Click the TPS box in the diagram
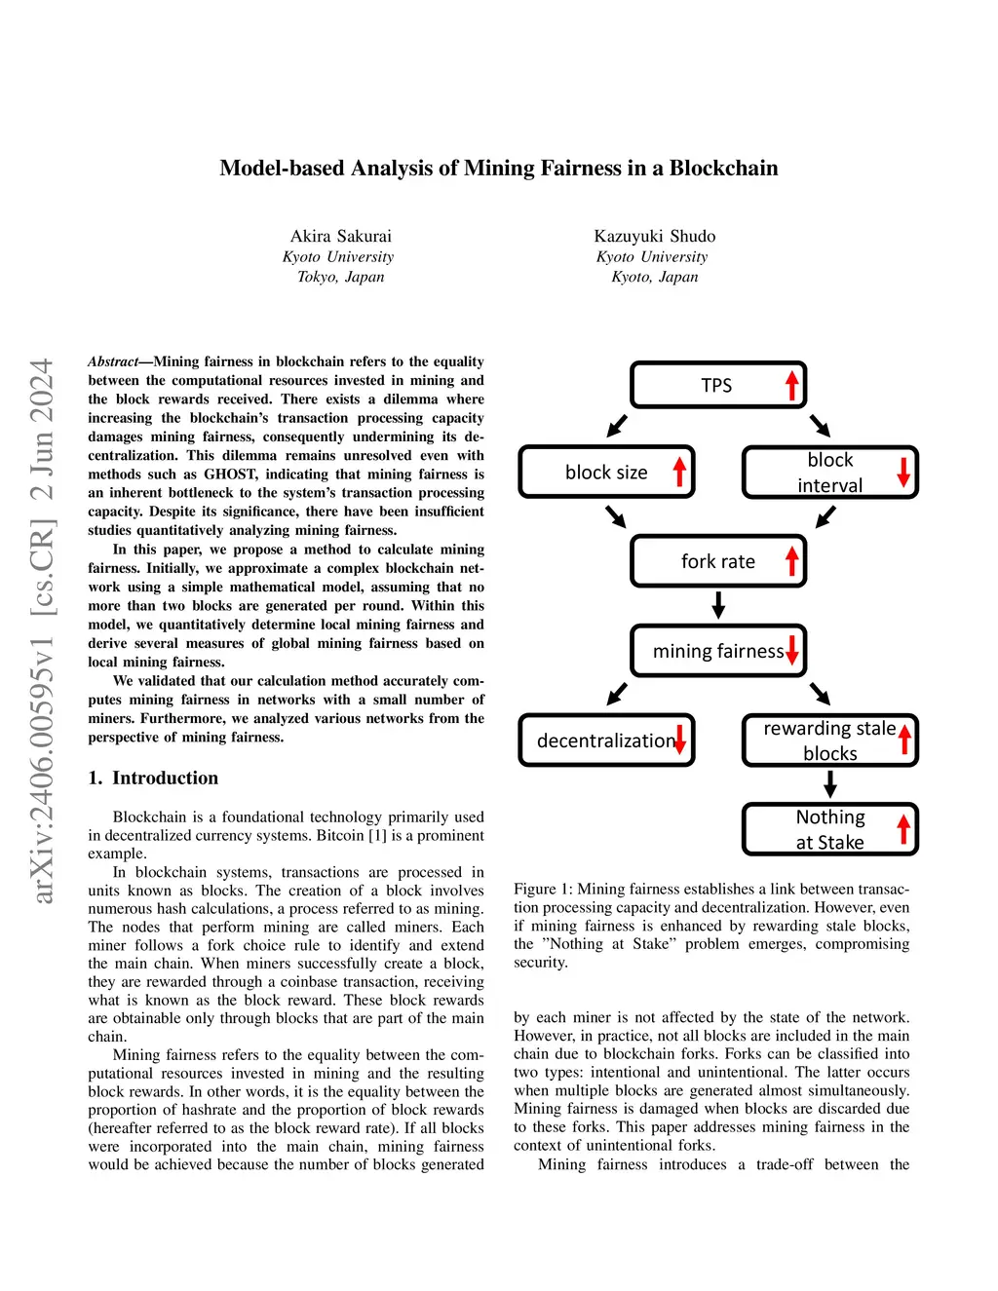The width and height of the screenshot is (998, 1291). (x=717, y=385)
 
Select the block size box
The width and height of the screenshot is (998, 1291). (x=606, y=473)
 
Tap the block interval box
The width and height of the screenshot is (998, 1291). (x=829, y=473)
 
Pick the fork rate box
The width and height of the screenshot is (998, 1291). (x=718, y=561)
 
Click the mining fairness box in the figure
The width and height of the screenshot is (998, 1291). (x=718, y=651)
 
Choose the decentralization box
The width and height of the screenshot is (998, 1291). (x=606, y=740)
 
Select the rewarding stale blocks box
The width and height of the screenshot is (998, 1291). (x=829, y=740)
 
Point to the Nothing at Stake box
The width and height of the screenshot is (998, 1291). (x=829, y=829)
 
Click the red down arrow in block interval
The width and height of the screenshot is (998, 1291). (x=903, y=471)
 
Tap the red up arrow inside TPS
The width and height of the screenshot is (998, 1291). (x=792, y=385)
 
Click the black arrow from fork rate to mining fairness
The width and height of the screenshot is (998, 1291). (x=718, y=605)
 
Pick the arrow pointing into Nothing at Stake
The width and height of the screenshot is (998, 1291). (x=830, y=784)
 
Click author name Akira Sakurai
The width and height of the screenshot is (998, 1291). (x=341, y=236)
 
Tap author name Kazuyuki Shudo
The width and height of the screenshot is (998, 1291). (x=655, y=236)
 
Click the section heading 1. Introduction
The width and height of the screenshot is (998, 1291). (x=153, y=778)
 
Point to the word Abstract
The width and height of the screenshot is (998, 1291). (x=113, y=361)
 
